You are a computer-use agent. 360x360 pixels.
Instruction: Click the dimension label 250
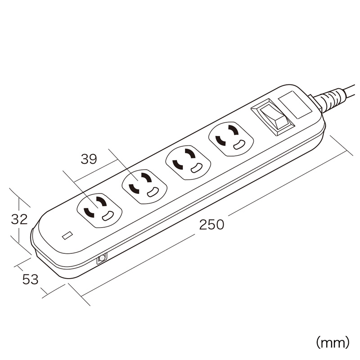pyautogui.click(x=211, y=224)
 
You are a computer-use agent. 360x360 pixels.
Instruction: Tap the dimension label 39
pyautogui.click(x=89, y=159)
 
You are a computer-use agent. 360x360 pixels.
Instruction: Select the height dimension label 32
pyautogui.click(x=19, y=219)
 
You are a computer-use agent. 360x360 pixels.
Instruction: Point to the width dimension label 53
pyautogui.click(x=30, y=279)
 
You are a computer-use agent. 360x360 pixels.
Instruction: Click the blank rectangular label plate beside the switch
pyautogui.click(x=295, y=105)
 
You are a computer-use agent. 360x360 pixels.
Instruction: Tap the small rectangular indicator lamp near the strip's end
pyautogui.click(x=67, y=235)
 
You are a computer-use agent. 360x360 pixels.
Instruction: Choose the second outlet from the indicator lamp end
pyautogui.click(x=144, y=187)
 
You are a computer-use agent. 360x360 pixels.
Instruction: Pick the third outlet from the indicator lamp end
pyautogui.click(x=188, y=162)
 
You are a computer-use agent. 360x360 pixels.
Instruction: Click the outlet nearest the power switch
pyautogui.click(x=231, y=139)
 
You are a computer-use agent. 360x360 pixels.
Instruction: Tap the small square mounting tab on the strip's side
pyautogui.click(x=102, y=259)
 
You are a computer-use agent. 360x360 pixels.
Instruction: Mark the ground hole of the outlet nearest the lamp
pyautogui.click(x=108, y=216)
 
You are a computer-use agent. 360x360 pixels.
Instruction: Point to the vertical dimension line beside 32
pyautogui.click(x=19, y=220)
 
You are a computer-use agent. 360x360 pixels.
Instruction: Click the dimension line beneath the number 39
pyautogui.click(x=95, y=171)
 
